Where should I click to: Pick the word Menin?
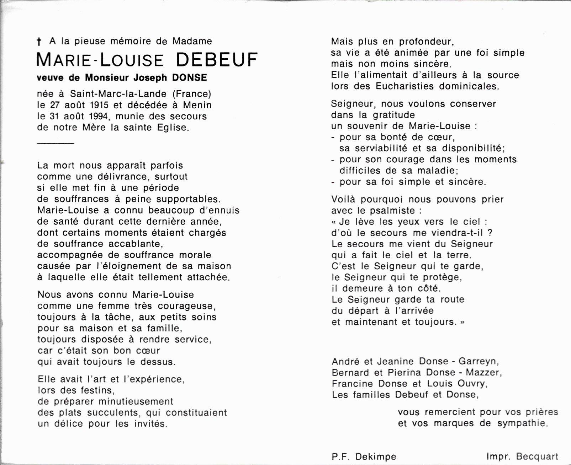click(x=197, y=105)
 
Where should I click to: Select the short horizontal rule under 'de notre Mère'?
click(x=55, y=144)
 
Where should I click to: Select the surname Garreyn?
click(x=478, y=362)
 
